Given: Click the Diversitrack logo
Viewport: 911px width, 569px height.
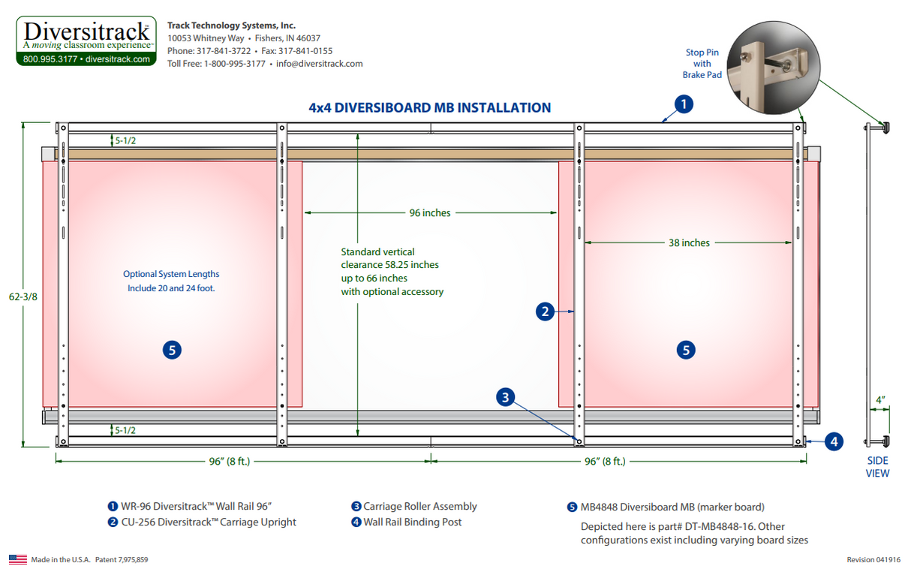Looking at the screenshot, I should click(86, 41).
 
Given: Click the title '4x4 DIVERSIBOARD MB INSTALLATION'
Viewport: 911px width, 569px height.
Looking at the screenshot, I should click(429, 107).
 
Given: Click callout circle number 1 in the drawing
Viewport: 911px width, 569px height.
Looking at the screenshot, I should click(683, 104).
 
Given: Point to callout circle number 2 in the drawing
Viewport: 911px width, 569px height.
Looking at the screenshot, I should click(546, 311).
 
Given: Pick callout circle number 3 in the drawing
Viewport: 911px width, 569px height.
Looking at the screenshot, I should click(506, 397).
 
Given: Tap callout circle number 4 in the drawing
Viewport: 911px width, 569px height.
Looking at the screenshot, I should click(834, 441).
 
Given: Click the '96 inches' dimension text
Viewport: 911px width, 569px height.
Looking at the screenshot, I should click(430, 213).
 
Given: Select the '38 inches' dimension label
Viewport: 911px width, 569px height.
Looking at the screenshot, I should click(690, 242).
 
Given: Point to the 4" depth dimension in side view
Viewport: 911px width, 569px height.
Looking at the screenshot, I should click(880, 400).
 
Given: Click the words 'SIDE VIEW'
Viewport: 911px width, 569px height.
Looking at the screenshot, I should click(877, 467).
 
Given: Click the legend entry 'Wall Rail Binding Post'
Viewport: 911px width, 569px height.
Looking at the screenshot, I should click(412, 522).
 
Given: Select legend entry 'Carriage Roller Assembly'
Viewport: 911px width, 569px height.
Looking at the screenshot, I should click(419, 507).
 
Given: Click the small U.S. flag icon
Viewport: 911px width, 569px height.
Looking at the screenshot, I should click(17, 559).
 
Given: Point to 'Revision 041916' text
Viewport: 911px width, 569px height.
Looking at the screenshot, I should click(873, 560).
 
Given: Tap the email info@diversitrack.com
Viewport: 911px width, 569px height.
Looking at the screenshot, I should click(319, 64).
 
